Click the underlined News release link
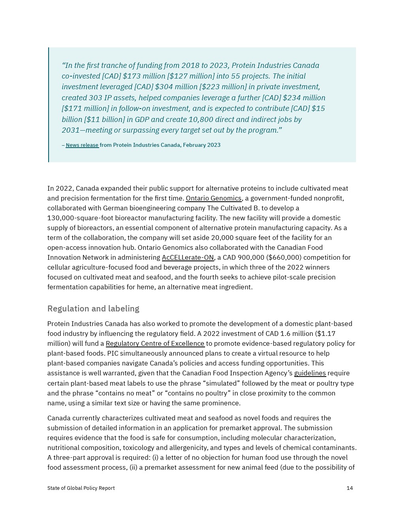point(82,145)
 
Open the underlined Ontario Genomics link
point(213,199)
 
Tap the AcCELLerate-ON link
point(188,258)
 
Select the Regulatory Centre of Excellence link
point(155,344)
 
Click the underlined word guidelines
point(310,373)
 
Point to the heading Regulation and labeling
point(93,309)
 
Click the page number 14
point(350,488)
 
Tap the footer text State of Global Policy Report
point(81,488)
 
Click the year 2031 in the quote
point(71,130)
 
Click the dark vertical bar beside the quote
point(49,105)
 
